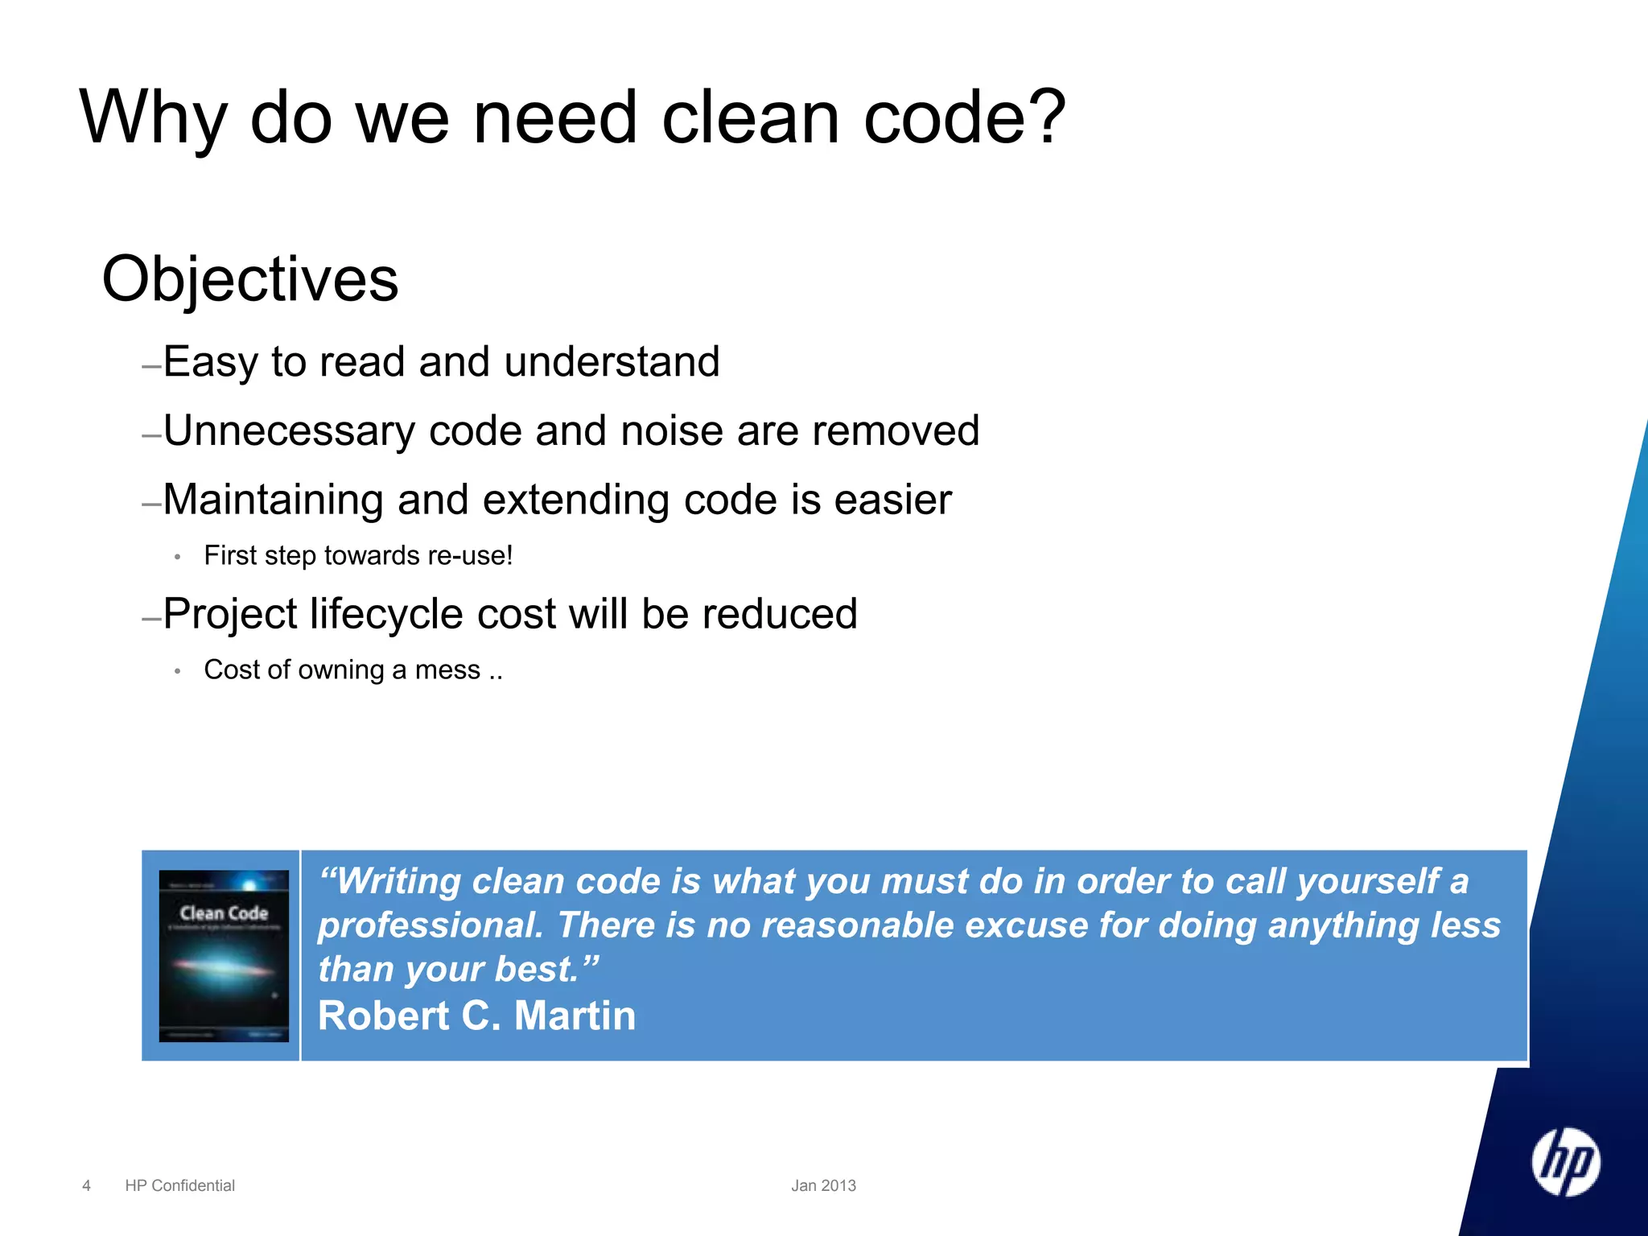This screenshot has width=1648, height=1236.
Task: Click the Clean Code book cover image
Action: coord(224,955)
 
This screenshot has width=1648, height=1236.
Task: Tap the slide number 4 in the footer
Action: coord(86,1185)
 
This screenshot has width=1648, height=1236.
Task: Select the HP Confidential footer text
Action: coord(179,1185)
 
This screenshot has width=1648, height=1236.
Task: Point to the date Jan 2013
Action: coord(823,1185)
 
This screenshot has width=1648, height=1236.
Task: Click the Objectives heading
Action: coord(250,279)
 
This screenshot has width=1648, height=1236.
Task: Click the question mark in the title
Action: coord(1047,118)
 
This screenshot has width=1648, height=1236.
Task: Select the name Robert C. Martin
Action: coord(476,1016)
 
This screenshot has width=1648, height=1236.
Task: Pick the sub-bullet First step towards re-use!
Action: coord(358,556)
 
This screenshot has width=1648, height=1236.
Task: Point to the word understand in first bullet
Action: coord(612,362)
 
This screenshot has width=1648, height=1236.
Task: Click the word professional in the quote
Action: coord(430,925)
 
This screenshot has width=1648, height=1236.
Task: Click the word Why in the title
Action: coord(153,118)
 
